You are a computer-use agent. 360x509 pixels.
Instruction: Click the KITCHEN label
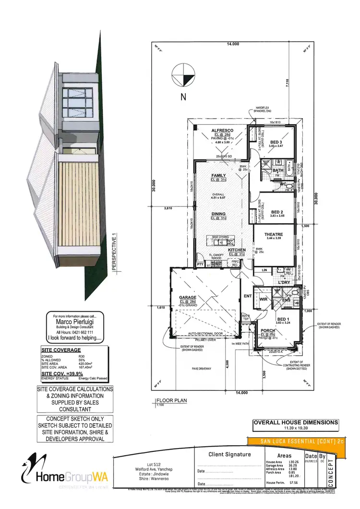point(223,250)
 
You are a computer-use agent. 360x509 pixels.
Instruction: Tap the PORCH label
point(268,330)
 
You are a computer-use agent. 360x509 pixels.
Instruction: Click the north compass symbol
point(182,74)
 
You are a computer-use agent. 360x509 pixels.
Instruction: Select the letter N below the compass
point(183,97)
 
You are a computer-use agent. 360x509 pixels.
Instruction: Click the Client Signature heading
point(229,454)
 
